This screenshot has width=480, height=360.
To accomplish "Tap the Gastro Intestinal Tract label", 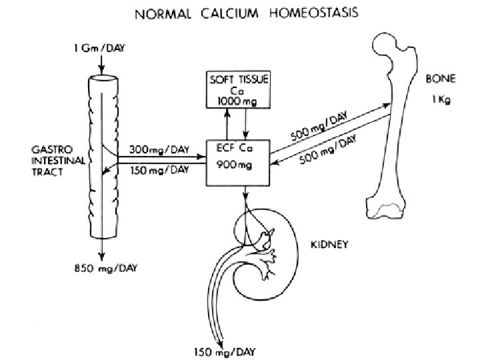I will pyautogui.click(x=53, y=160).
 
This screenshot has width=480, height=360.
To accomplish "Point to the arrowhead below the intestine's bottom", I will pyautogui.click(x=99, y=257).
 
